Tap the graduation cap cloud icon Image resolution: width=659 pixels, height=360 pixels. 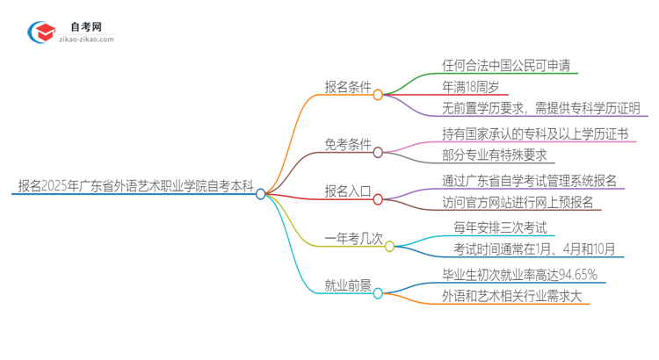coord(40,32)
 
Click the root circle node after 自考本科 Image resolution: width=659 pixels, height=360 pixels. coord(261,194)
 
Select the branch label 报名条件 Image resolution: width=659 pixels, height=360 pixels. coord(348,87)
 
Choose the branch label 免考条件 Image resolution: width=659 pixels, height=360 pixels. coord(348,145)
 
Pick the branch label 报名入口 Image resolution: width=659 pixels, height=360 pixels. coord(348,192)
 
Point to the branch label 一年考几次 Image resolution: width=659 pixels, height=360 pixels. coord(354,240)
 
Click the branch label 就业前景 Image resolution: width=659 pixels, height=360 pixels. coord(348,286)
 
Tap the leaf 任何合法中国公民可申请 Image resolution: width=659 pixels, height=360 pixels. coord(511,66)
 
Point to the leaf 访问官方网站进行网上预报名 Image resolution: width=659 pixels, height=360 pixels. coord(518,203)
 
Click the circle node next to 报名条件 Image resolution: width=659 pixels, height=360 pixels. coord(378,94)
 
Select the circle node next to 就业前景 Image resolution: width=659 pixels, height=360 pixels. coord(378,293)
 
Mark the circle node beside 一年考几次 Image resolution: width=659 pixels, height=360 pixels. coord(391,247)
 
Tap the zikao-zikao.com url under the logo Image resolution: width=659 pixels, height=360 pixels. coord(86,40)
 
